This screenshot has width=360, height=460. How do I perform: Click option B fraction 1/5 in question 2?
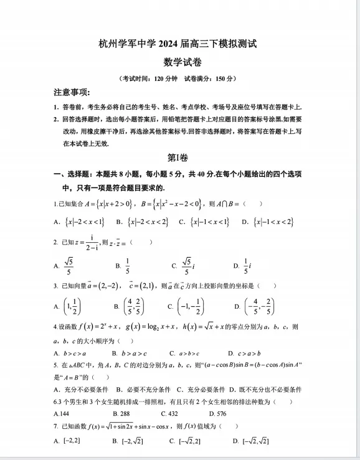[x=127, y=266]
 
